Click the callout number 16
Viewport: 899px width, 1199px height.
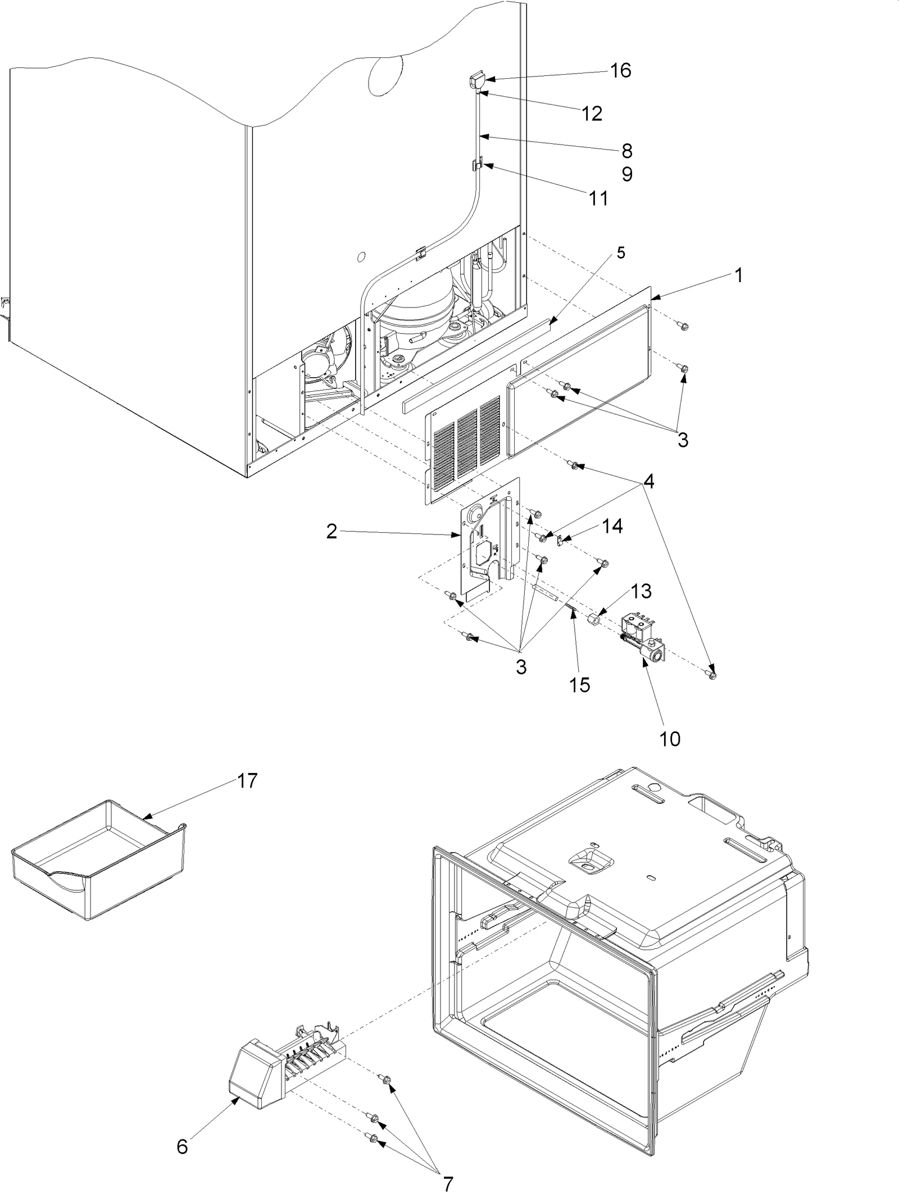tap(621, 70)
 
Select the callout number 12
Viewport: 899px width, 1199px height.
tap(592, 114)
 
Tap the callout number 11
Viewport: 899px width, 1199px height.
tap(599, 198)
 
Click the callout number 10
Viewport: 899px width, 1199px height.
tap(670, 739)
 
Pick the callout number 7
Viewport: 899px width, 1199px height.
tap(447, 1180)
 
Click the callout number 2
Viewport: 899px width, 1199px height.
tap(332, 531)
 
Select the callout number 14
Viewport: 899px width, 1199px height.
tap(612, 526)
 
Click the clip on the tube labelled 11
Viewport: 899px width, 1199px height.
tap(477, 165)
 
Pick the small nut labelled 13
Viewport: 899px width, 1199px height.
tap(592, 620)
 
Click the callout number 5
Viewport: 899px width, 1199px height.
tap(621, 252)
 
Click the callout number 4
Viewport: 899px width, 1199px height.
tap(649, 482)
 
